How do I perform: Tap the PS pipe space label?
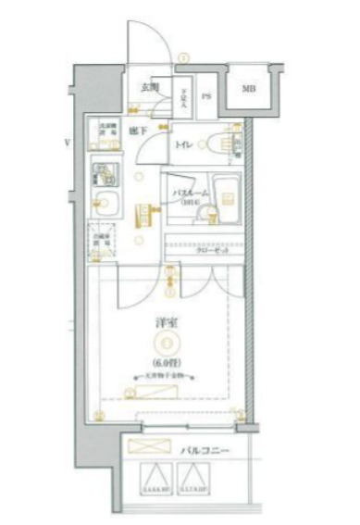[206, 94]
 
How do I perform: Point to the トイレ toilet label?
[184, 145]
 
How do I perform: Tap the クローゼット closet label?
[212, 250]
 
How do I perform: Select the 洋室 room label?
[168, 325]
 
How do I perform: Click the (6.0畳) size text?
[168, 362]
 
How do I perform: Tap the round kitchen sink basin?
[102, 206]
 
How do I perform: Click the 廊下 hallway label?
[139, 131]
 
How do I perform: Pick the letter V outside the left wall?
[68, 143]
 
